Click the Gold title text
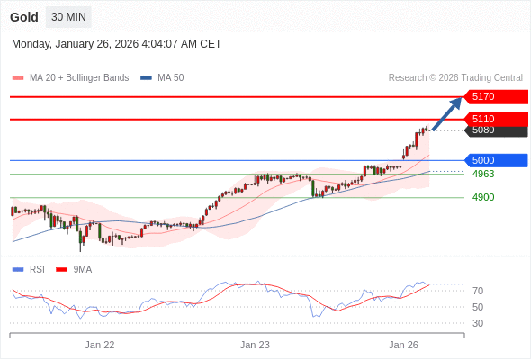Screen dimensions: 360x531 (x=24, y=17)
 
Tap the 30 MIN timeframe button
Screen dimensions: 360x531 (x=68, y=17)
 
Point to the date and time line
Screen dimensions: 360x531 (x=116, y=44)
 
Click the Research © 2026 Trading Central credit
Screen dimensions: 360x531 (x=455, y=78)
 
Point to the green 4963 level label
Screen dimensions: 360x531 (x=483, y=174)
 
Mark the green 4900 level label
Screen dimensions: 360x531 (x=483, y=197)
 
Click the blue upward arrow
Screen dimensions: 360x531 (x=447, y=113)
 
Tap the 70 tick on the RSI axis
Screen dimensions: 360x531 (x=478, y=291)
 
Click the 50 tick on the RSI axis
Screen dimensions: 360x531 (x=478, y=307)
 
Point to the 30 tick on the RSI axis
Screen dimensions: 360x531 (x=478, y=323)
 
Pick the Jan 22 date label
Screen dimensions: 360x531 (x=100, y=344)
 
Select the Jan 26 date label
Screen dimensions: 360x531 (x=403, y=344)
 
